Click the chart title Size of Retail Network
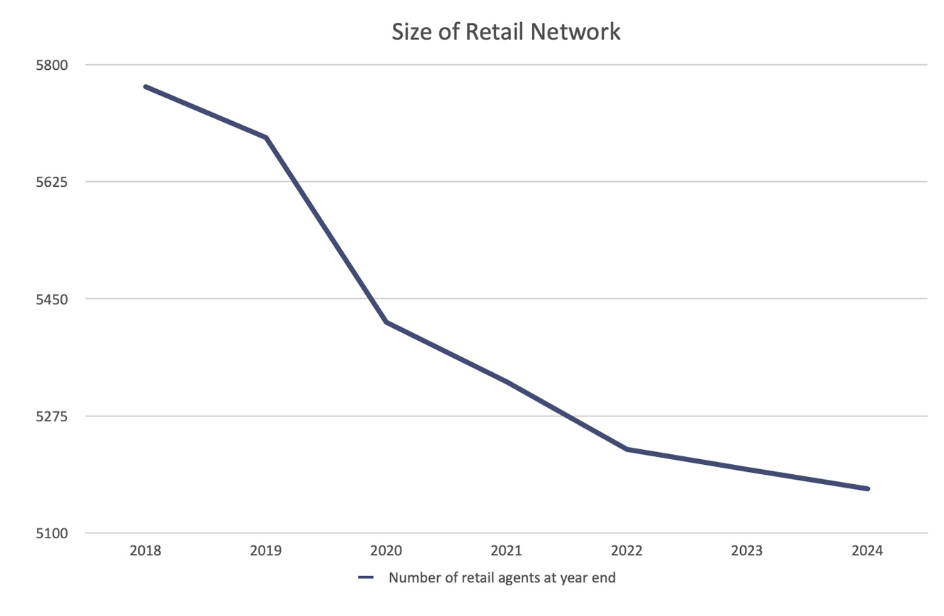[506, 31]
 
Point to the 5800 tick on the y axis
[51, 65]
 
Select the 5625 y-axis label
[51, 182]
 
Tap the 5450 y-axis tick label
[51, 299]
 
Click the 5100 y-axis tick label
[51, 533]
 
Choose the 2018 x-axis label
[145, 551]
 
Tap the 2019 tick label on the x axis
[266, 551]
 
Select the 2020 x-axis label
[386, 551]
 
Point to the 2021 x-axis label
[507, 551]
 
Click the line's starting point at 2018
[145, 86]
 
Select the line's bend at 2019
[266, 137]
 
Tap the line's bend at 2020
[386, 322]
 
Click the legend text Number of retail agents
[502, 578]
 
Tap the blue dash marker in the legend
[366, 578]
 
